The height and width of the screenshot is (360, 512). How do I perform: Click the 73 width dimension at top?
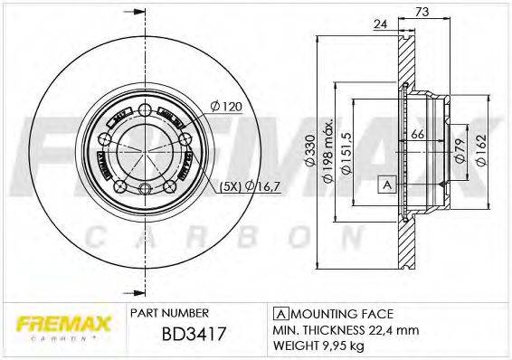[x=422, y=11]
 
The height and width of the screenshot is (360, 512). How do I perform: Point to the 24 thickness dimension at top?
[x=381, y=24]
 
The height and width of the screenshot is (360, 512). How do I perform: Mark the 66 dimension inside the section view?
[x=418, y=135]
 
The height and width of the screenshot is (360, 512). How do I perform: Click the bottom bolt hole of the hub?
[x=146, y=188]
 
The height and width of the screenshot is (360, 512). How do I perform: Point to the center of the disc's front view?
[x=146, y=148]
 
